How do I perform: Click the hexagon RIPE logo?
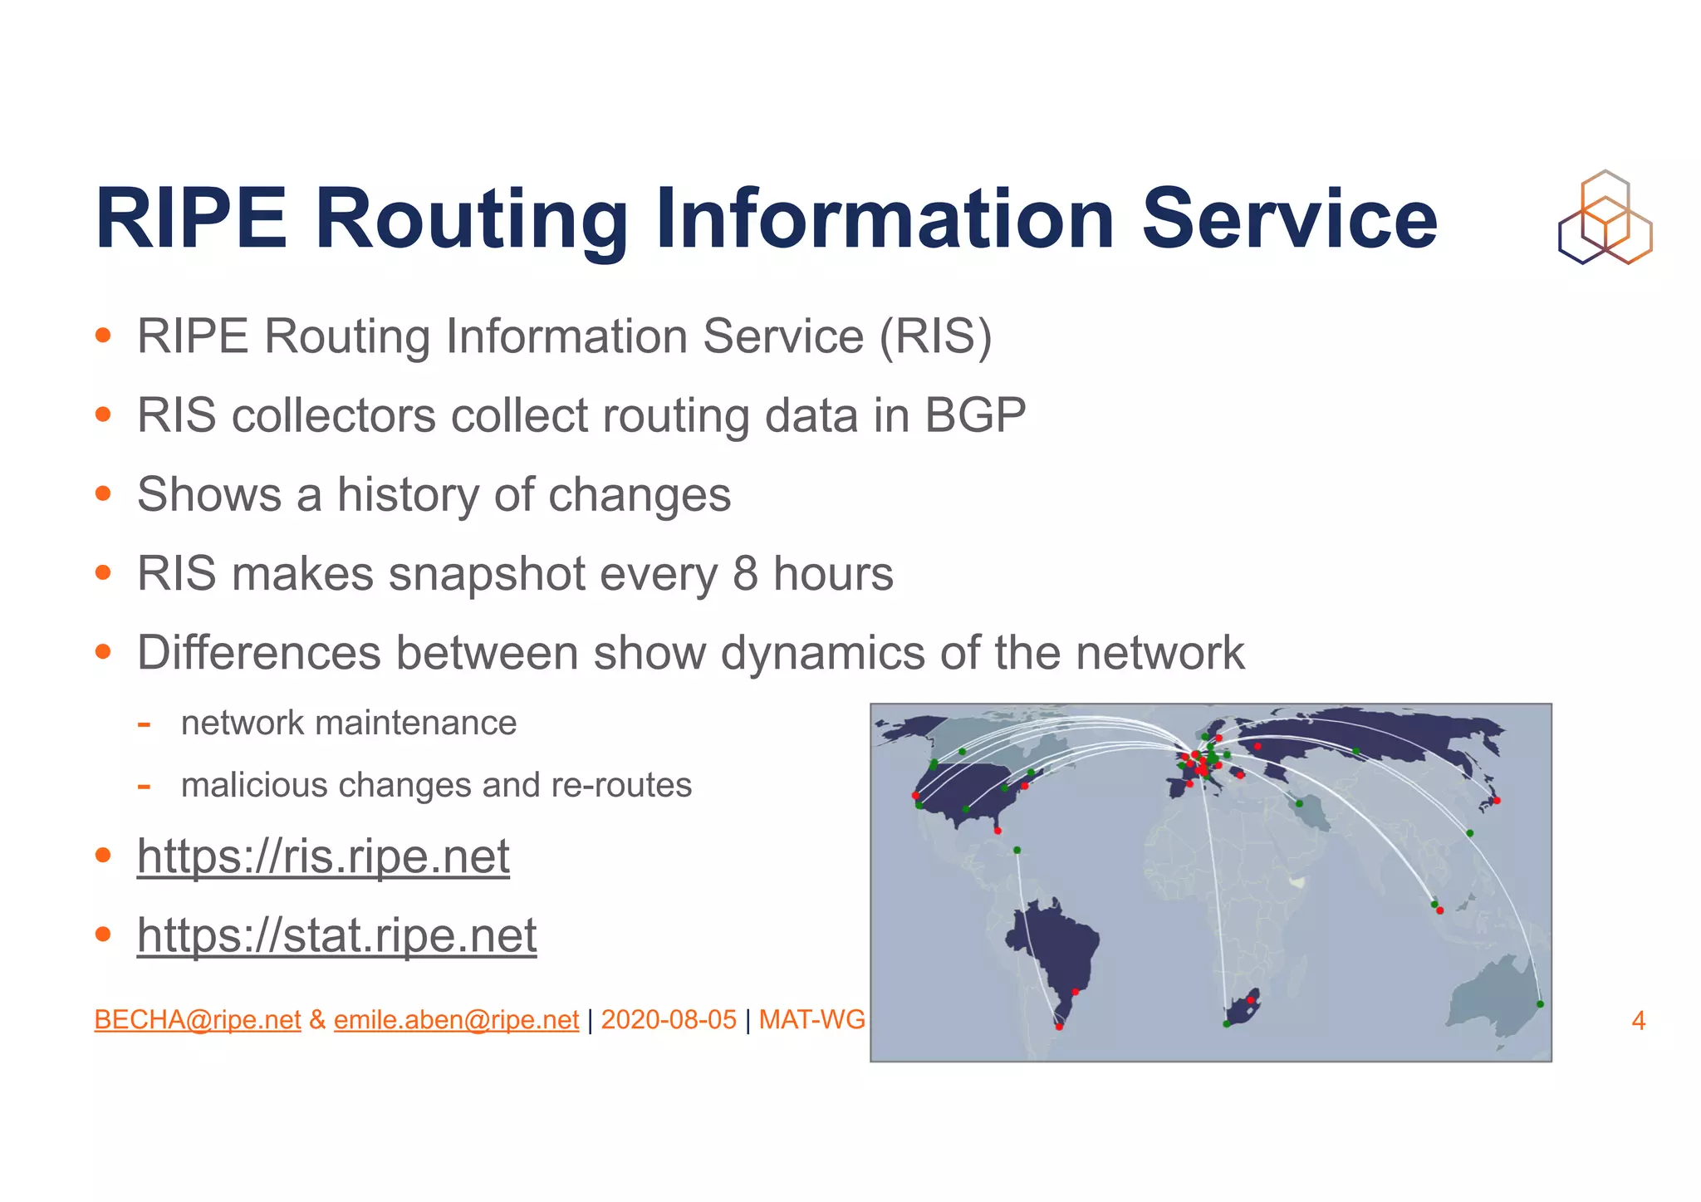pos(1605,218)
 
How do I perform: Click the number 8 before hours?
pos(745,574)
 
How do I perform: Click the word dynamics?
pos(822,653)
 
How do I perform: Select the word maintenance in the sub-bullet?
pos(416,723)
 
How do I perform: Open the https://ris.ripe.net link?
pos(323,856)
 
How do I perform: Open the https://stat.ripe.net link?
pos(336,935)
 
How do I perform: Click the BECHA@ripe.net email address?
pos(198,1019)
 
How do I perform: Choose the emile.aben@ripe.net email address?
pos(456,1019)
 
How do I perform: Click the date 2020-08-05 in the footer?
pos(669,1019)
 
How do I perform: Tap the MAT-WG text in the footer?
pos(811,1019)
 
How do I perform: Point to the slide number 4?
pos(1638,1020)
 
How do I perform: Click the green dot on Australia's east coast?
pos(1540,1004)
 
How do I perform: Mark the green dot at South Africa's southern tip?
pos(1226,1024)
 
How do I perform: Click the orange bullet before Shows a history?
pos(103,494)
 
